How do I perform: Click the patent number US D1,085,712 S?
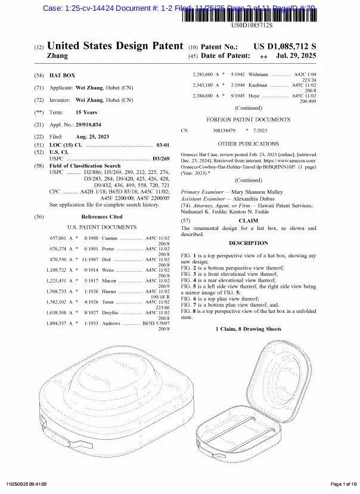(285, 46)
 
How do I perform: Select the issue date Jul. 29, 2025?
(296, 56)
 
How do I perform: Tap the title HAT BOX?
(62, 76)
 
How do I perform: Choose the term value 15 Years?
(86, 112)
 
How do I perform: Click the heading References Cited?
(102, 217)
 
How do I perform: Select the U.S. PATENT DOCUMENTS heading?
(102, 227)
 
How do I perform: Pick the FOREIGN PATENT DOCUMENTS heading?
(249, 119)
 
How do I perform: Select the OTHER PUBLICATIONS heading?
(249, 144)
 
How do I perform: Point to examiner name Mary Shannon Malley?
(257, 192)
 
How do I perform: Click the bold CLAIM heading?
(249, 220)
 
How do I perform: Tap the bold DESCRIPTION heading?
(249, 243)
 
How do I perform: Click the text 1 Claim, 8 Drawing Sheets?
(249, 329)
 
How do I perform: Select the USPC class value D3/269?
(161, 159)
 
